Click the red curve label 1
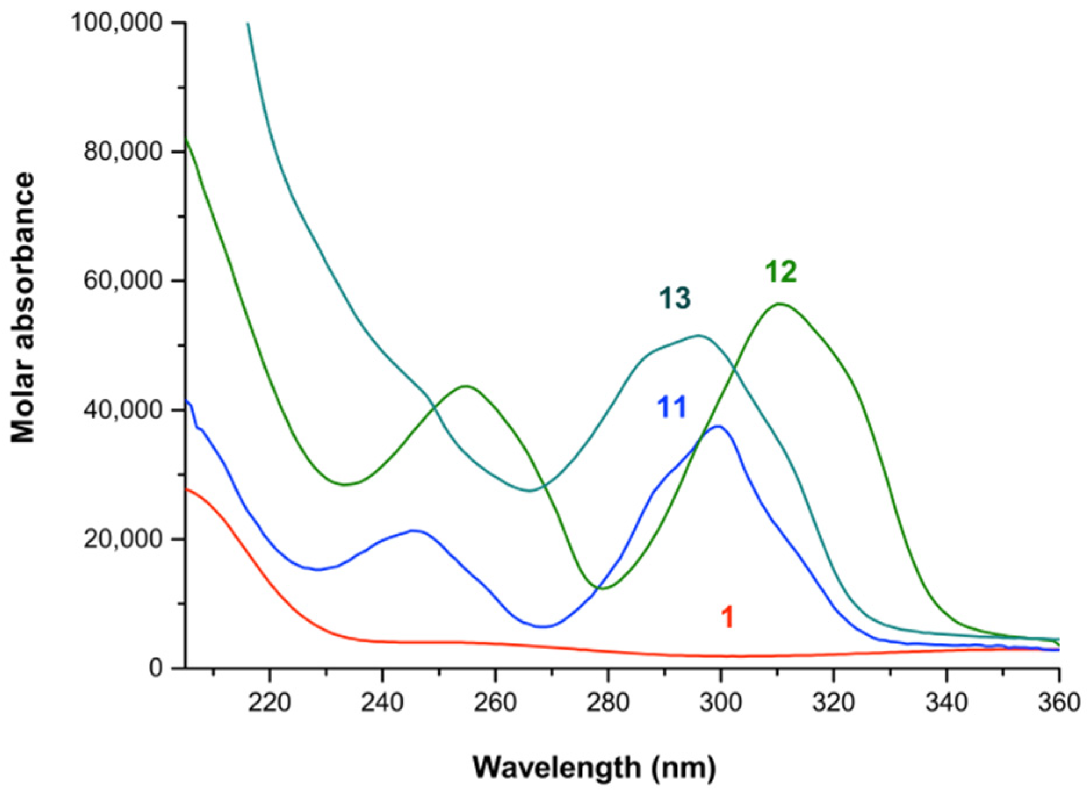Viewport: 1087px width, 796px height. coord(727,617)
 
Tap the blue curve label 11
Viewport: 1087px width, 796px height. coord(671,408)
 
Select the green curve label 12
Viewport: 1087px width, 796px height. coord(781,272)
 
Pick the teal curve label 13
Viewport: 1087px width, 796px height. coord(674,299)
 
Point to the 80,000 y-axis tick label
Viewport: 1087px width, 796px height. coord(122,152)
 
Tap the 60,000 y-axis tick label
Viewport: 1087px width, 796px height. coord(122,280)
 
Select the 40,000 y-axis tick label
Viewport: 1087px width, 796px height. coord(122,410)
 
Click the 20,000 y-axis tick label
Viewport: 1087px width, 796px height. coord(122,539)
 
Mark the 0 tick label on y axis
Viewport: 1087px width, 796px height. coord(155,668)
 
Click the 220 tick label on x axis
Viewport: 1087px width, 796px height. coord(269,703)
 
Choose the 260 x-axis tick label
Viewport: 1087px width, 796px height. coord(495,703)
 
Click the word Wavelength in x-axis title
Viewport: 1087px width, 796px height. coord(556,768)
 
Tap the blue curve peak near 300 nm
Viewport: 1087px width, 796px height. coord(718,426)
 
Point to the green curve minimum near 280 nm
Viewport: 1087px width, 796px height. coord(604,589)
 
